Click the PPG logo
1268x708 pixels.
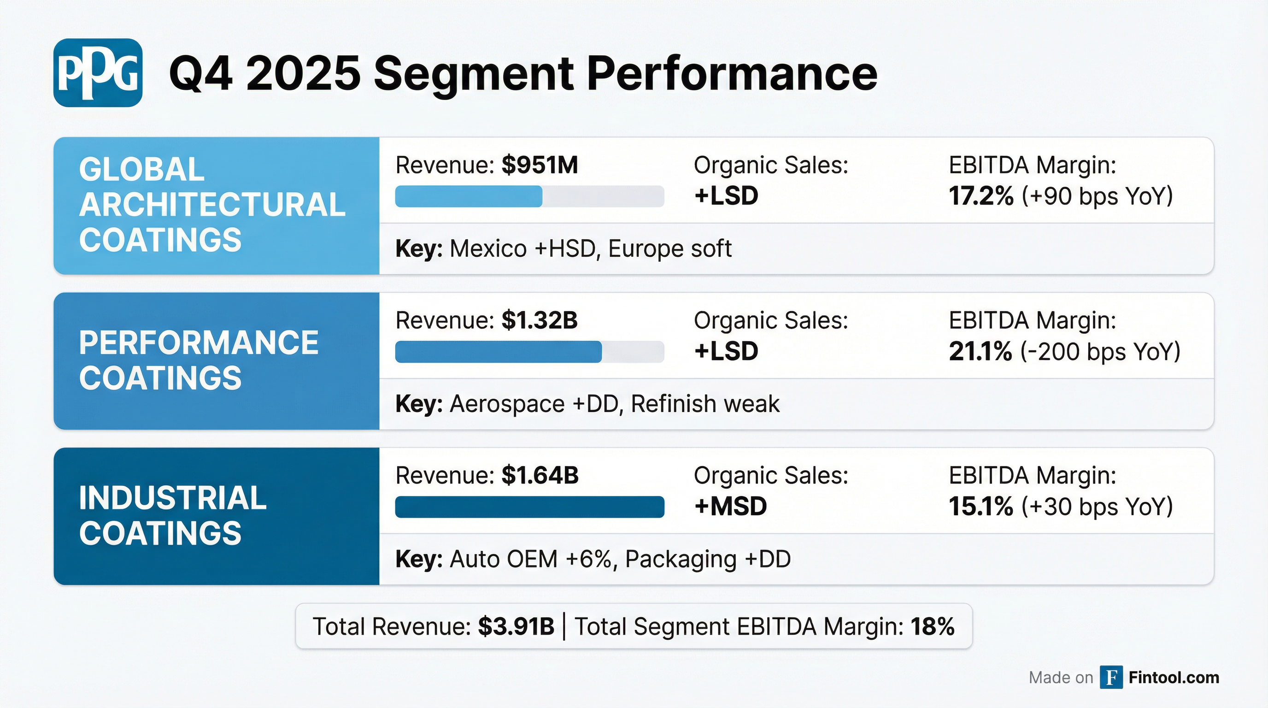pyautogui.click(x=98, y=73)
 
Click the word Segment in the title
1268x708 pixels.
pyautogui.click(x=474, y=74)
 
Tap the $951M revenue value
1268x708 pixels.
pyautogui.click(x=540, y=165)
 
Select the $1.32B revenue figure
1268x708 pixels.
pyautogui.click(x=540, y=320)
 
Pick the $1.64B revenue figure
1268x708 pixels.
pyautogui.click(x=540, y=476)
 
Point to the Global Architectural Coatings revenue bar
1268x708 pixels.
pyautogui.click(x=469, y=196)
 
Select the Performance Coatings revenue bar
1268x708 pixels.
pyautogui.click(x=498, y=352)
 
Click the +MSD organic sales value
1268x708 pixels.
pyautogui.click(x=730, y=507)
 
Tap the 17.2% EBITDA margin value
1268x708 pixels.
pyautogui.click(x=980, y=196)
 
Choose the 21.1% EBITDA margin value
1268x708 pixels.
pyautogui.click(x=980, y=352)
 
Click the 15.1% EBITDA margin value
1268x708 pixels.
pyautogui.click(x=980, y=507)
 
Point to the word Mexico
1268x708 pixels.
pyautogui.click(x=488, y=248)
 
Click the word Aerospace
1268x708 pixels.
pyautogui.click(x=507, y=404)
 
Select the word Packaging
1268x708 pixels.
pyautogui.click(x=680, y=559)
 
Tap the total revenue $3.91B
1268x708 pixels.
pyautogui.click(x=516, y=627)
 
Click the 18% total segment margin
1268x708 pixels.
pyautogui.click(x=932, y=627)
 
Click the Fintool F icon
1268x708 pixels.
pyautogui.click(x=1111, y=678)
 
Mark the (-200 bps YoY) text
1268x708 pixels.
pyautogui.click(x=1100, y=352)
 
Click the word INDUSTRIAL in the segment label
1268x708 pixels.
pyautogui.click(x=173, y=498)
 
